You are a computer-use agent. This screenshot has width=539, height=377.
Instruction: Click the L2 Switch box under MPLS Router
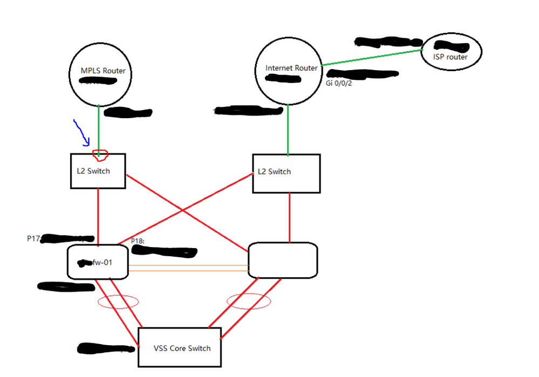pyautogui.click(x=98, y=171)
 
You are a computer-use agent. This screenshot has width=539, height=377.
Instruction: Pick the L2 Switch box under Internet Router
pyautogui.click(x=286, y=173)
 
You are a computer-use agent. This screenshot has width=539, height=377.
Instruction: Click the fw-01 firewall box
pyautogui.click(x=98, y=263)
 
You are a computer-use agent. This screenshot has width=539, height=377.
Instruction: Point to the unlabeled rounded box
pyautogui.click(x=282, y=261)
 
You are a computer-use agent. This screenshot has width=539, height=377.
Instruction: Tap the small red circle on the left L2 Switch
pyautogui.click(x=100, y=155)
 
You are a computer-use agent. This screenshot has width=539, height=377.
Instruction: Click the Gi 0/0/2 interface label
pyautogui.click(x=339, y=84)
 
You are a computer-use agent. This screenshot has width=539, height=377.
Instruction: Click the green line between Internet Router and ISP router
pyautogui.click(x=372, y=59)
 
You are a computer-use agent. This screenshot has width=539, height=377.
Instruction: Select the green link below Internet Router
pyautogui.click(x=288, y=129)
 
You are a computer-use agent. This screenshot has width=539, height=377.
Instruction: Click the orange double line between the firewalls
pyautogui.click(x=188, y=268)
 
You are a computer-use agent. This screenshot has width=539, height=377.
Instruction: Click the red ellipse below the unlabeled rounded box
pyautogui.click(x=248, y=301)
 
